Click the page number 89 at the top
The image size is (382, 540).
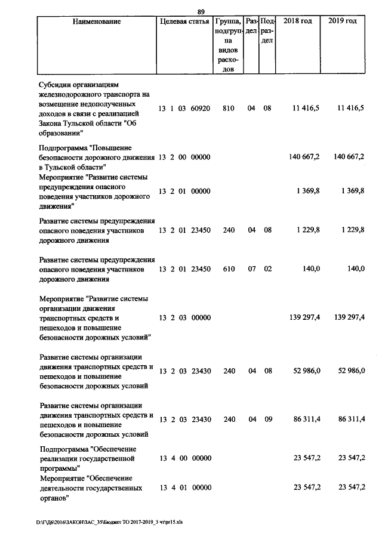pos(201,11)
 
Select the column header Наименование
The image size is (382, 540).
pos(97,21)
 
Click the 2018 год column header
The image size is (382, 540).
pos(297,21)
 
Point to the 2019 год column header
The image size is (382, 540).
pos(343,21)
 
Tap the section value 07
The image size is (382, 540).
pos(251,269)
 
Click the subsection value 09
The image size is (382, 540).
pos(268,419)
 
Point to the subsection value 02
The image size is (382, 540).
pos(268,269)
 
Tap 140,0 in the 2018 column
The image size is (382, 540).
pos(310,269)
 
